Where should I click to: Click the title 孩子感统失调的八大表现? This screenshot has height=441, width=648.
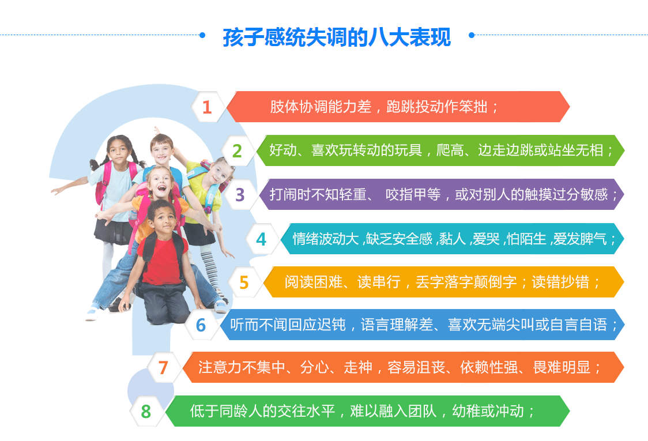pyautogui.click(x=337, y=37)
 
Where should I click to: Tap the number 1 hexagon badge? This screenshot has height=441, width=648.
pyautogui.click(x=207, y=107)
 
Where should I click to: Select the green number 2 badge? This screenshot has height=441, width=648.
pyautogui.click(x=237, y=151)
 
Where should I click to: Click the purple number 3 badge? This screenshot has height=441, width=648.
pyautogui.click(x=240, y=195)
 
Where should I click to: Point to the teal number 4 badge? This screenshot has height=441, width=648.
pyautogui.click(x=261, y=239)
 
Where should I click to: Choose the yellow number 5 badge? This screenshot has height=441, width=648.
pyautogui.click(x=244, y=282)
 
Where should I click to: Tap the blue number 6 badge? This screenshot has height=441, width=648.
pyautogui.click(x=201, y=325)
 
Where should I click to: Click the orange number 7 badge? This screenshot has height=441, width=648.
pyautogui.click(x=163, y=367)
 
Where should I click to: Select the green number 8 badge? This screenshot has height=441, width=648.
pyautogui.click(x=145, y=411)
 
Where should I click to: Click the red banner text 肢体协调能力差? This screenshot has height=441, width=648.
pyautogui.click(x=321, y=107)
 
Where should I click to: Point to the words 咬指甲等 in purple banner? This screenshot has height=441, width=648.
pyautogui.click(x=413, y=194)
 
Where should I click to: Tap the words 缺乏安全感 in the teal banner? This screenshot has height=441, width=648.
pyautogui.click(x=399, y=239)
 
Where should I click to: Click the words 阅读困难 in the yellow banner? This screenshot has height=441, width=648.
pyautogui.click(x=314, y=282)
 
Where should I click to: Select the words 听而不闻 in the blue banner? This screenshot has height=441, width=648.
pyautogui.click(x=259, y=325)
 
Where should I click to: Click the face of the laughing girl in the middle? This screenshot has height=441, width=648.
pyautogui.click(x=160, y=184)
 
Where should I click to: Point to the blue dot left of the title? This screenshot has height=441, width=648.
pyautogui.click(x=202, y=35)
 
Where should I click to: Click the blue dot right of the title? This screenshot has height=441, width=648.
pyautogui.click(x=472, y=35)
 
